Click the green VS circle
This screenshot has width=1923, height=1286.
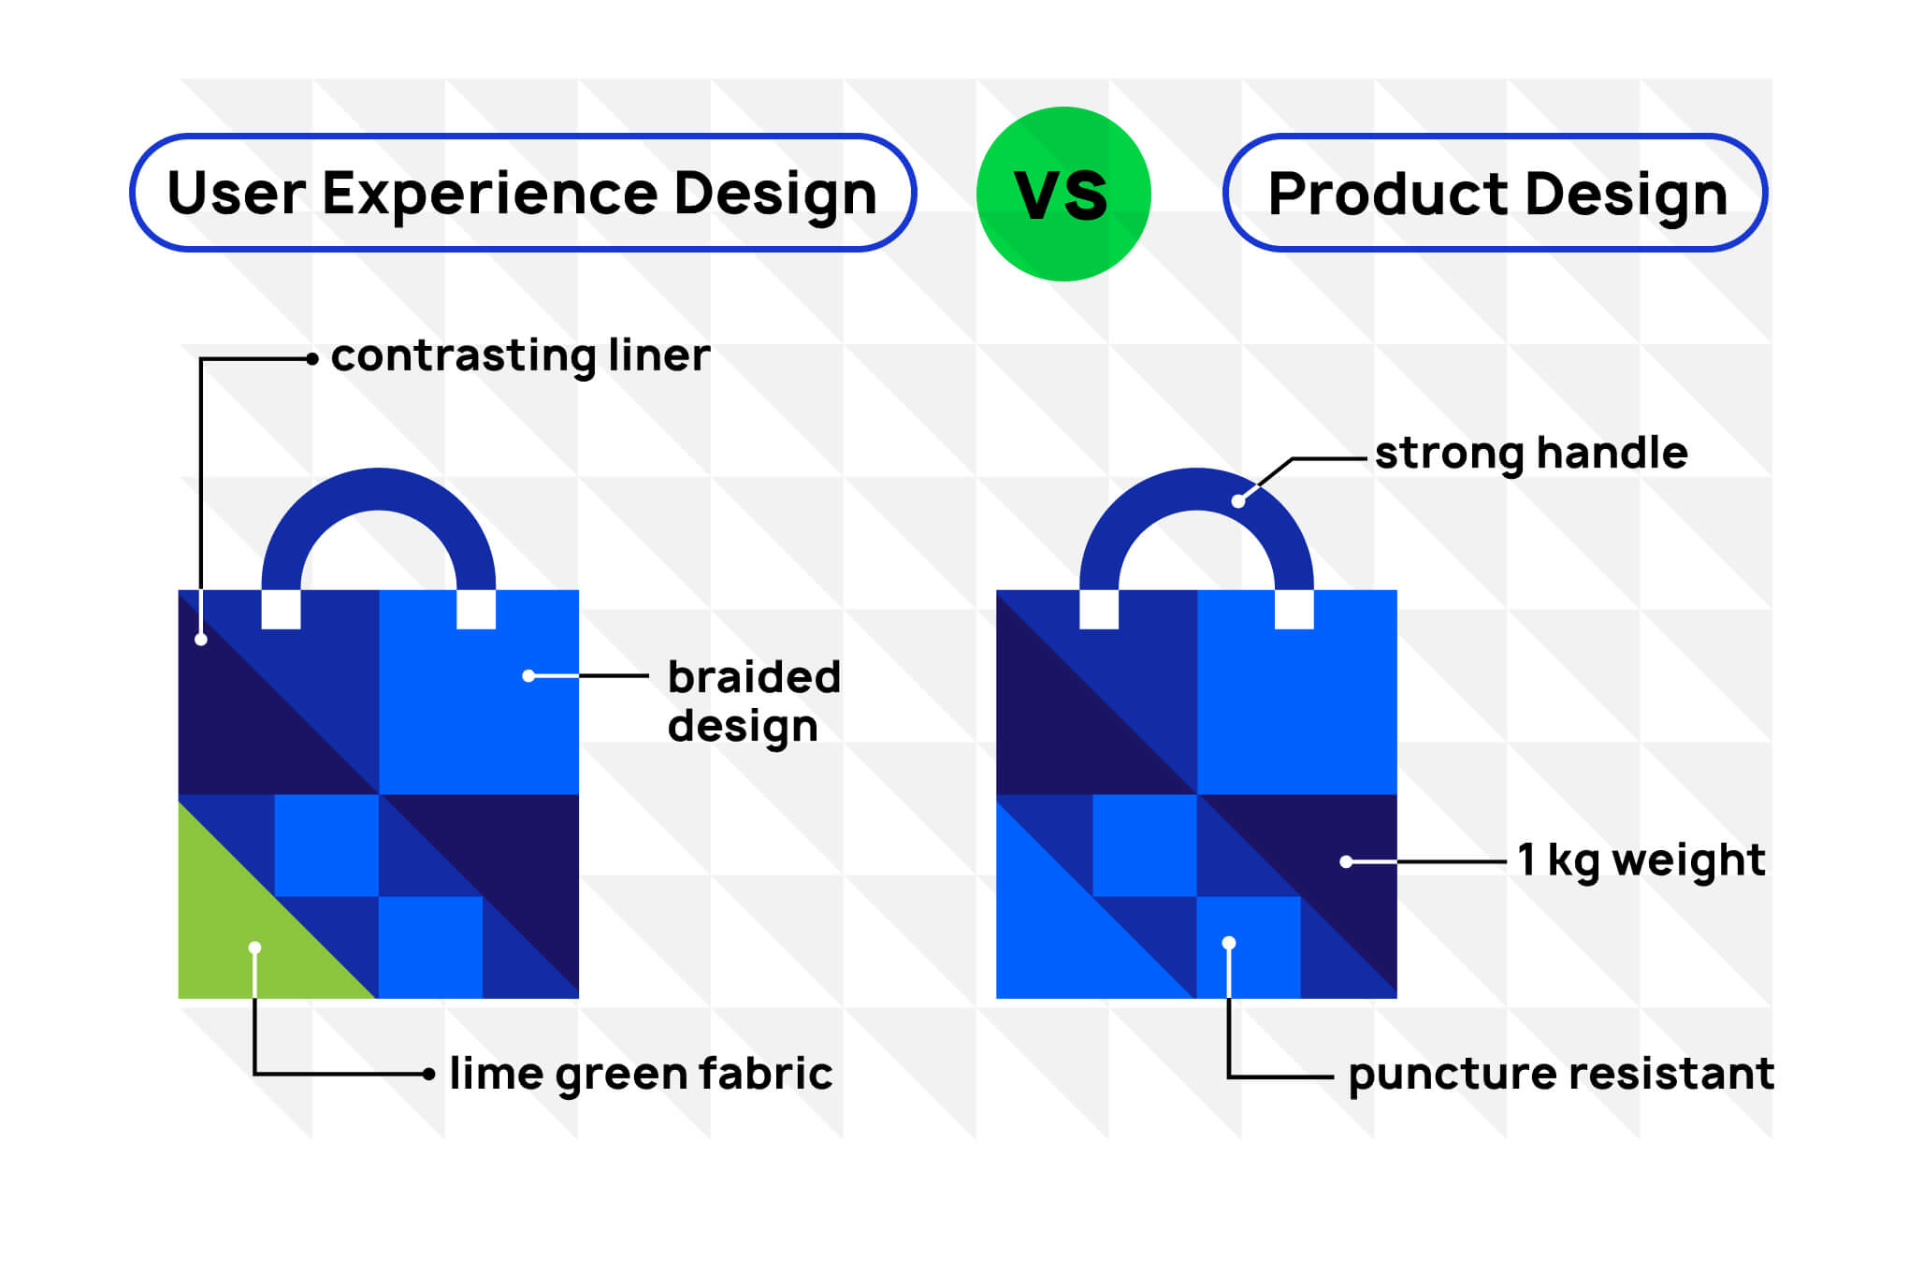coord(1063,194)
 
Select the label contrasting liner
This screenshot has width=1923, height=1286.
coord(520,356)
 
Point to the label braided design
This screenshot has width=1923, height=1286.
coord(753,701)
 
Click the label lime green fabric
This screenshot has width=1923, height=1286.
coord(640,1074)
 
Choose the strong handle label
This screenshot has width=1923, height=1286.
coord(1531,454)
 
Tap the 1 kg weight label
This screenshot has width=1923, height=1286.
coord(1641,860)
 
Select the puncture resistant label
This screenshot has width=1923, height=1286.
coord(1560,1074)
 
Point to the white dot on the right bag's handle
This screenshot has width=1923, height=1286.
coord(1238,501)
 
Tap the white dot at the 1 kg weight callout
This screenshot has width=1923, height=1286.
coord(1346,861)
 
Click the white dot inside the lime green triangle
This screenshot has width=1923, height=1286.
coord(254,947)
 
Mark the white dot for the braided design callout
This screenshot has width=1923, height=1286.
coord(528,675)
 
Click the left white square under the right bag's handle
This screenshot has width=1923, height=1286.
coord(1099,609)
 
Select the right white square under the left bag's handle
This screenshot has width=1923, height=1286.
coord(476,609)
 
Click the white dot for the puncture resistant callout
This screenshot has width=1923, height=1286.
coord(1229,943)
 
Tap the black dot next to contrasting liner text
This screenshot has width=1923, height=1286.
coord(312,358)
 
